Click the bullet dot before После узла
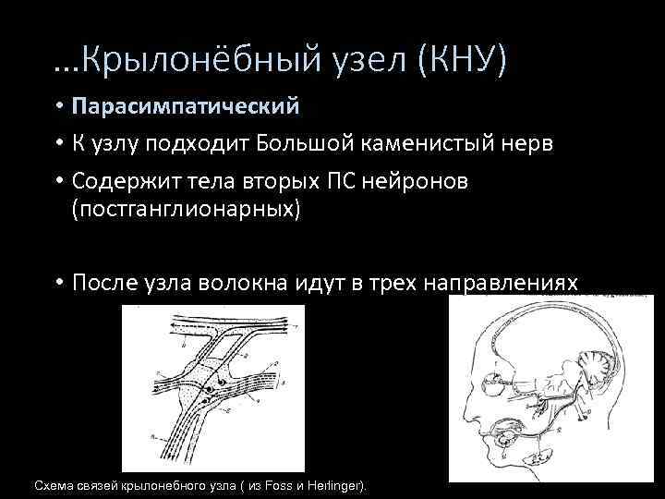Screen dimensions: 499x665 [57, 283]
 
